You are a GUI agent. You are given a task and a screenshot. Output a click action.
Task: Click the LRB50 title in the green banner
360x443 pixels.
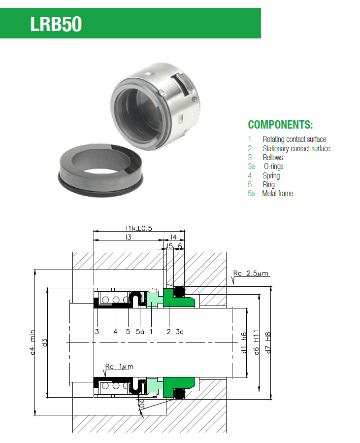[x=56, y=24]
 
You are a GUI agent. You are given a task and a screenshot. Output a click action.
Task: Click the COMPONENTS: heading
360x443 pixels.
[x=280, y=125]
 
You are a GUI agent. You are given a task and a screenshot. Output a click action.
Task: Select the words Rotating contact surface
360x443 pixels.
[x=294, y=139]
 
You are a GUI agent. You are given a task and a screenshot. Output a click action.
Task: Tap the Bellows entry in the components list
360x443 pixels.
[x=273, y=157]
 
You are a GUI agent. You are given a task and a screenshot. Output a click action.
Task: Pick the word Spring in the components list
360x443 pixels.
[x=271, y=176]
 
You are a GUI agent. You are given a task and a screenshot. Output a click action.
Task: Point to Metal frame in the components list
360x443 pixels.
[x=278, y=194]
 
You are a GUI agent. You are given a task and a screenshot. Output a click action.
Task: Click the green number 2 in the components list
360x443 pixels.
[x=250, y=149]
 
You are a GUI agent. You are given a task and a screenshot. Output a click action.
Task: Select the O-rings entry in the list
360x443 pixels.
[x=274, y=167]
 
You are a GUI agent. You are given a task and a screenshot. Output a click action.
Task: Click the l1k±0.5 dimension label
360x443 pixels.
[x=139, y=228]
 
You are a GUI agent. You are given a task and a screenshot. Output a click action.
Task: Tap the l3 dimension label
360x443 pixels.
[x=129, y=237]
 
